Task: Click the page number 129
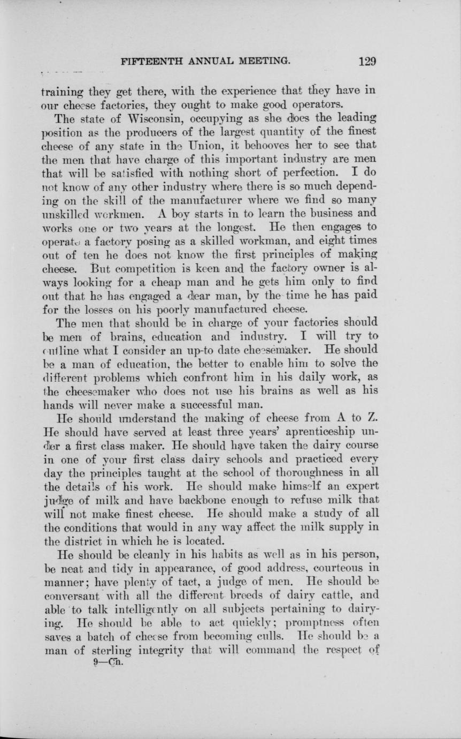(x=367, y=61)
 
